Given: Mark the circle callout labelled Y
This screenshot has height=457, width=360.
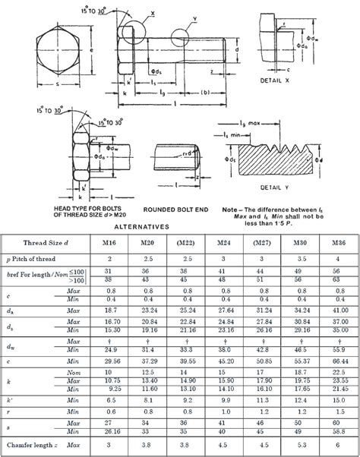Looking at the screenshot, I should [x=185, y=33].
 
